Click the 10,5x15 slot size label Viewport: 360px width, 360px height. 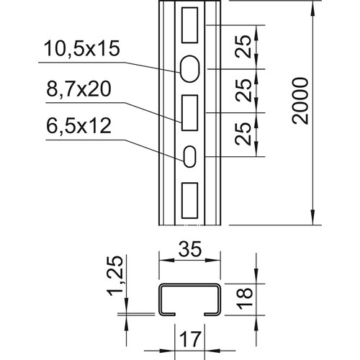pos(82,49)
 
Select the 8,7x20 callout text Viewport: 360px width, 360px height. pos(78,89)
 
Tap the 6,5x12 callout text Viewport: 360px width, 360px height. pos(78,125)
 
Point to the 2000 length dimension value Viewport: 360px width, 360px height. pos(300,101)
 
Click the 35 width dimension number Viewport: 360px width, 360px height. pos(189,249)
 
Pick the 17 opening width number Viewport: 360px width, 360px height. pos(190,339)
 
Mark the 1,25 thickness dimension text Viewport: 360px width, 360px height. pos(115,276)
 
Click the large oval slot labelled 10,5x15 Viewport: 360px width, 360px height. pos(190,69)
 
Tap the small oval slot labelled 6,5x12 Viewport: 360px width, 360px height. pos(190,156)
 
